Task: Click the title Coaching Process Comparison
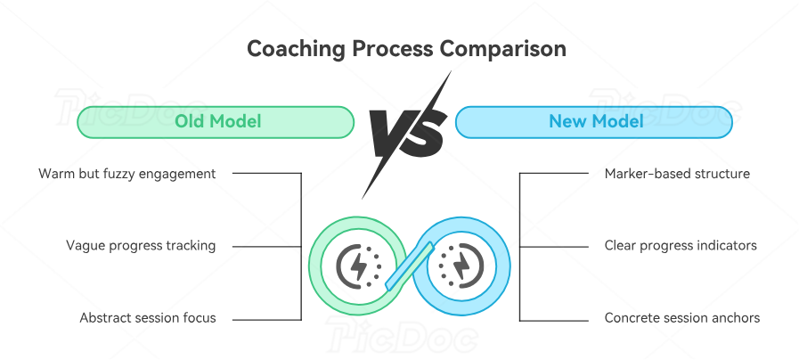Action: tap(405, 49)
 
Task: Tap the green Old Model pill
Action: tap(216, 121)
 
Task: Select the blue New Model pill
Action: tap(594, 121)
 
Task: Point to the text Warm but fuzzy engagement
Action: tap(127, 174)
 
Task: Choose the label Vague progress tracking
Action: tap(141, 245)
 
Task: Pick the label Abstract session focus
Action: tap(148, 317)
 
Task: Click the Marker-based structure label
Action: tap(677, 174)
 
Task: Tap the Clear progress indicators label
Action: tap(681, 245)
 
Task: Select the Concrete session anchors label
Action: tap(682, 317)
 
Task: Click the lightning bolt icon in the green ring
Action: tap(358, 265)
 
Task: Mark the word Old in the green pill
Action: tap(189, 121)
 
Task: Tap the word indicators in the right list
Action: tap(726, 245)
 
